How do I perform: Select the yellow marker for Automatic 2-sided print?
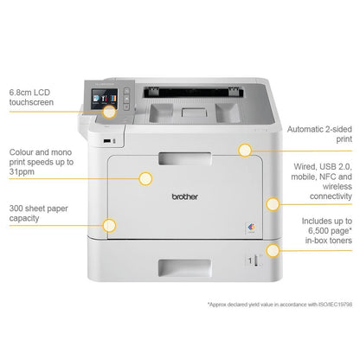tap(246, 150)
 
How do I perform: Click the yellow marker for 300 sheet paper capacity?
tap(109, 227)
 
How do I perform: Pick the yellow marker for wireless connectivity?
tap(273, 205)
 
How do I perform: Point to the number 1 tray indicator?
tap(254, 260)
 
